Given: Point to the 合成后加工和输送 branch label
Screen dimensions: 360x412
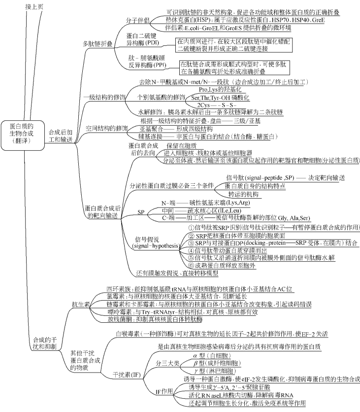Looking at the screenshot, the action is point(60,136).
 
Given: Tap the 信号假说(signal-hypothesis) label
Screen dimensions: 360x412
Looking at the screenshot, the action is point(155,241).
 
